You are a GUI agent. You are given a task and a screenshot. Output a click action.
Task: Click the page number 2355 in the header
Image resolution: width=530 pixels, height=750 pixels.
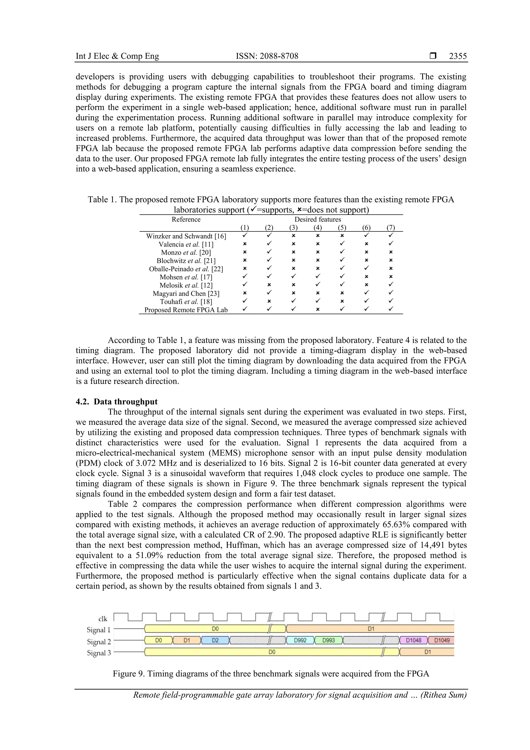pos(458,56)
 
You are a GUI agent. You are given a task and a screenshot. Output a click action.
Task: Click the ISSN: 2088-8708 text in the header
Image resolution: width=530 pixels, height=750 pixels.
pos(267,56)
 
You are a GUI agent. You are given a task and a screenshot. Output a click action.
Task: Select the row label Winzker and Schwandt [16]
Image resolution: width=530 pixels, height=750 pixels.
pos(186,236)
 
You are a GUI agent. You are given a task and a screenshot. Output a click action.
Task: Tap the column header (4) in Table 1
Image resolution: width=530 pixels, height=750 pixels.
pos(318,227)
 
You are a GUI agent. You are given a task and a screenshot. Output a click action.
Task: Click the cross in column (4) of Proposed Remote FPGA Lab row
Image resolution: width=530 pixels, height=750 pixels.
pos(318,309)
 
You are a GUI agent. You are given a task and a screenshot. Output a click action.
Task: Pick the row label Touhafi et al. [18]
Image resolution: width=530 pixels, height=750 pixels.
pos(186,302)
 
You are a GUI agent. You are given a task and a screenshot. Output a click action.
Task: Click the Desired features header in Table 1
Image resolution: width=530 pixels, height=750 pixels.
pos(318,220)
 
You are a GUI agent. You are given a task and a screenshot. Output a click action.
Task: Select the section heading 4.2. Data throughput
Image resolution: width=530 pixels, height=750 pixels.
pos(116,402)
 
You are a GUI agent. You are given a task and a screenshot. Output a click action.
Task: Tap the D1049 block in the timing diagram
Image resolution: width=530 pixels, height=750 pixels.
pos(441,640)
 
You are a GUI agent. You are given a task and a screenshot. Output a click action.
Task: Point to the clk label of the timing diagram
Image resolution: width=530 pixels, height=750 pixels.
pos(102,619)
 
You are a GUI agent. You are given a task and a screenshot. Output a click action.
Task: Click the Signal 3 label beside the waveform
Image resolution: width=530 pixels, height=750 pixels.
pos(99,653)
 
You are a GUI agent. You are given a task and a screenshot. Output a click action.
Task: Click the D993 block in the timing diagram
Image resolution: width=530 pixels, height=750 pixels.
pos(328,640)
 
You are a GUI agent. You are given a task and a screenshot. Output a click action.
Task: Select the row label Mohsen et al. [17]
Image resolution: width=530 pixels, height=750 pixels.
pos(186,277)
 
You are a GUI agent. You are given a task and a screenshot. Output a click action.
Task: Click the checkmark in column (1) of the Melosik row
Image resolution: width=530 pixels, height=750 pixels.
pos(245,285)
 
